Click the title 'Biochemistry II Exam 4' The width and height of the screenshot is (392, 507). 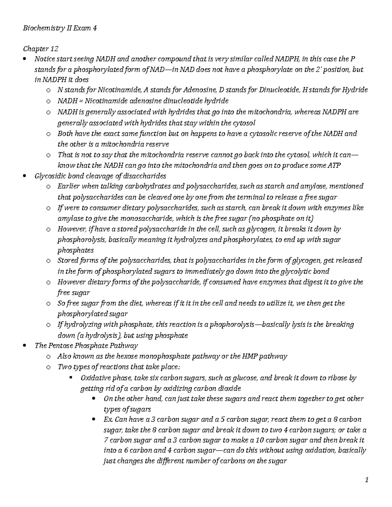coord(60,28)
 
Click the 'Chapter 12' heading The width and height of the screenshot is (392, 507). coord(41,49)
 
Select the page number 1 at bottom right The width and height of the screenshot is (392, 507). coord(367,480)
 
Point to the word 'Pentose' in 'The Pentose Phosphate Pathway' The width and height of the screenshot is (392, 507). coord(60,345)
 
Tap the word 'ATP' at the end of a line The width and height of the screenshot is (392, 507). coord(334,165)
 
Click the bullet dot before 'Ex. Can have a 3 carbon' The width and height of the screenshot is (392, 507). coord(94,420)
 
